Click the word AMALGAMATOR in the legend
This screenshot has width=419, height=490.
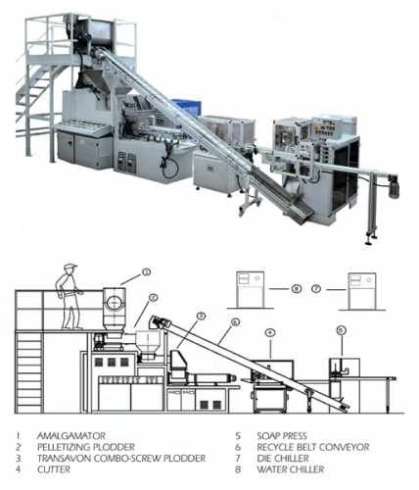(71, 436)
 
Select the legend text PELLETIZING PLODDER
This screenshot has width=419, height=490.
(86, 447)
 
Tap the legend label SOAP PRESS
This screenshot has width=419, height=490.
(282, 436)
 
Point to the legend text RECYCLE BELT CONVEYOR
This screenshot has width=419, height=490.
(313, 447)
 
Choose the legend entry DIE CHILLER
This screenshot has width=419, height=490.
(283, 458)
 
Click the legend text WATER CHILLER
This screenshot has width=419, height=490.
(291, 469)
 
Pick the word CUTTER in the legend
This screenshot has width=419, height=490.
(54, 469)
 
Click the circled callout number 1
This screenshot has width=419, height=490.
(147, 271)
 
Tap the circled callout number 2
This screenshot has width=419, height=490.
(153, 297)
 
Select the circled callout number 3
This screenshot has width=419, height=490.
(202, 316)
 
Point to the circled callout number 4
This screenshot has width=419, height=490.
(270, 332)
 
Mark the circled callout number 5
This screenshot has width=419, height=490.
(341, 331)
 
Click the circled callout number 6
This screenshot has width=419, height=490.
(235, 322)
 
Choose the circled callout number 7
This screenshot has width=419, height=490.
(316, 289)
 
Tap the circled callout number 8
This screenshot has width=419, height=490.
(296, 289)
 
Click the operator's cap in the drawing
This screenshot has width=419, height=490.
(70, 267)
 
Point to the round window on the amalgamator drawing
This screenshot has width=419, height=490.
(114, 301)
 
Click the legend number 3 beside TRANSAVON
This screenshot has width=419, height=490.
(19, 458)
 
